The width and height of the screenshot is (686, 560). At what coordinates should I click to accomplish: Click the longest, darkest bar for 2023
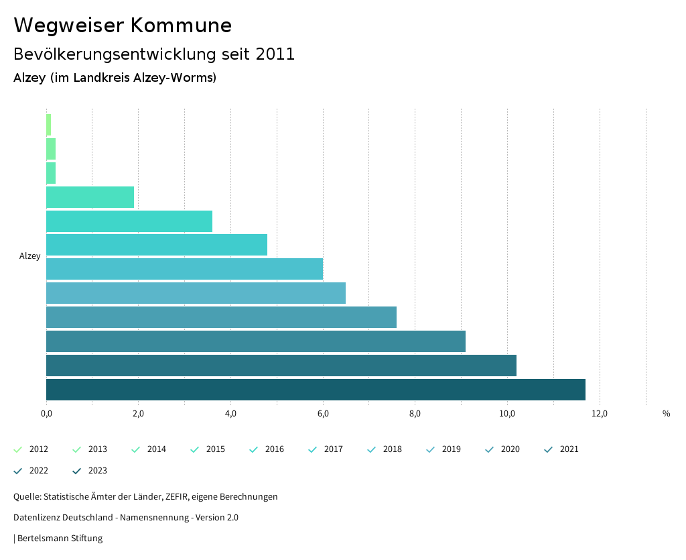(x=316, y=390)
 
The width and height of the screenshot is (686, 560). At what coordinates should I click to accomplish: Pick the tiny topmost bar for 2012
(x=48, y=125)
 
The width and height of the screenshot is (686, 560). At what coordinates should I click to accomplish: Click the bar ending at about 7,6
(x=221, y=317)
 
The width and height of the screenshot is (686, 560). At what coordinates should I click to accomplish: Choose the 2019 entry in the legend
(x=451, y=449)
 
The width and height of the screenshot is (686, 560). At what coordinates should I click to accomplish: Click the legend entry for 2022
(x=38, y=471)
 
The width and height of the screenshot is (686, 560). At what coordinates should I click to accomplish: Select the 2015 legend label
(x=215, y=449)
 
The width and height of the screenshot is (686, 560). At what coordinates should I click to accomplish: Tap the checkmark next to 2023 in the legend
(x=77, y=471)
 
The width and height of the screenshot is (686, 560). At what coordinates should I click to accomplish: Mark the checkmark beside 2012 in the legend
(x=18, y=449)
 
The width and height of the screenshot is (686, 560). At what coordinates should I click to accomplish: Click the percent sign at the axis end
(x=666, y=414)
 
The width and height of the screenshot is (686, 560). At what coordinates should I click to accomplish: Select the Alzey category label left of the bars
(x=30, y=256)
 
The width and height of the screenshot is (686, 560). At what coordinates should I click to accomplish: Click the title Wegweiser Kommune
(x=123, y=25)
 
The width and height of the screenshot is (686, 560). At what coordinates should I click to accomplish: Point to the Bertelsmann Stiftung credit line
(x=59, y=539)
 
